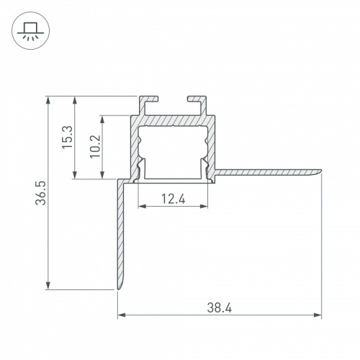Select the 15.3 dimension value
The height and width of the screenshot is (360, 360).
(x=67, y=137)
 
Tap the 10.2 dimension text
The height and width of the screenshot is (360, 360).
(x=94, y=146)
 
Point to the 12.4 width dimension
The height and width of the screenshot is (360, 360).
(x=173, y=199)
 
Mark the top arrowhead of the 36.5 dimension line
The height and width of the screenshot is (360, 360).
(x=48, y=98)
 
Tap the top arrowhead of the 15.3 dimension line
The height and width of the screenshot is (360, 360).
(x=76, y=98)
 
